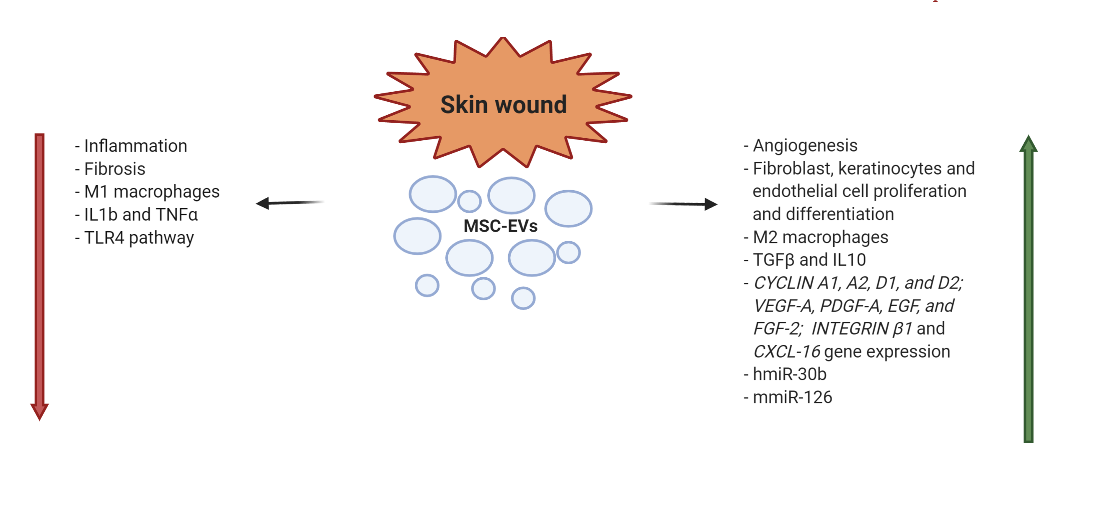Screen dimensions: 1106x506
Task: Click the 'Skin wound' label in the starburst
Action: (x=504, y=105)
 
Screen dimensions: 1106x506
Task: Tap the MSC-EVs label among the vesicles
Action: (x=501, y=226)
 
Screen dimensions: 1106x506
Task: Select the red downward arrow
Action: (x=39, y=277)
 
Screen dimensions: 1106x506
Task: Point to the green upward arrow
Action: (x=1028, y=289)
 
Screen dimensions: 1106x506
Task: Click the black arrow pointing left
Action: (x=290, y=203)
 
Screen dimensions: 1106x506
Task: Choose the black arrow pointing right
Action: (x=683, y=204)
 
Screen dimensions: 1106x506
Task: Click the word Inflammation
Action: (x=136, y=146)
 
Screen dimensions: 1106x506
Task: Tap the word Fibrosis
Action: (x=115, y=169)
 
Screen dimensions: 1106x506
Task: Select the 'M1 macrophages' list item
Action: (x=152, y=192)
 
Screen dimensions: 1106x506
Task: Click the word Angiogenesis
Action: (x=805, y=146)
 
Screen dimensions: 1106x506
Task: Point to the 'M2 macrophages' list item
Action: (x=820, y=238)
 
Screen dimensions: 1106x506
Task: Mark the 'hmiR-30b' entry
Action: (x=790, y=374)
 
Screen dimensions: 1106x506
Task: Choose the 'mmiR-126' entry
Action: (x=793, y=398)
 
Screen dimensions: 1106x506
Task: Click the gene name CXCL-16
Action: (x=787, y=351)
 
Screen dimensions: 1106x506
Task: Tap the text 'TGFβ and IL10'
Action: (x=809, y=260)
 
